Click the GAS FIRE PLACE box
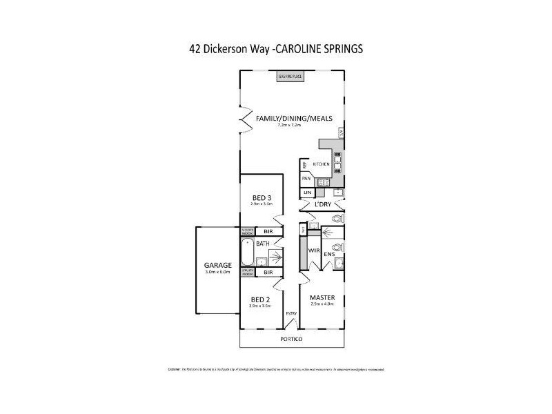point(290,76)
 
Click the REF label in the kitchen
point(304,165)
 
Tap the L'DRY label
point(322,206)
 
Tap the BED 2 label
point(261,299)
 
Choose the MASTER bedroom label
point(322,297)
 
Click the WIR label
point(313,251)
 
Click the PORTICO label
point(293,339)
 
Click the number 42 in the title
point(195,49)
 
